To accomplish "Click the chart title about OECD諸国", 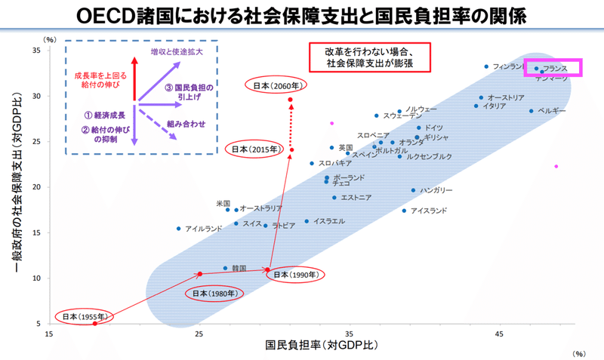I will tap(302, 15).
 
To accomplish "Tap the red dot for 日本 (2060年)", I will tap(290, 100).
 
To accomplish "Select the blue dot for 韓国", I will tap(225, 268).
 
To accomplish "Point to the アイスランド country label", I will tap(429, 211).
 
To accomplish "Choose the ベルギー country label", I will tap(552, 111).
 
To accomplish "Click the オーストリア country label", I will tap(506, 97).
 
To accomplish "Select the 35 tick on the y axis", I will tap(35, 51).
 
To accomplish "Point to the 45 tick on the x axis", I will tap(499, 333).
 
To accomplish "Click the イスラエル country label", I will tap(329, 221).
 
